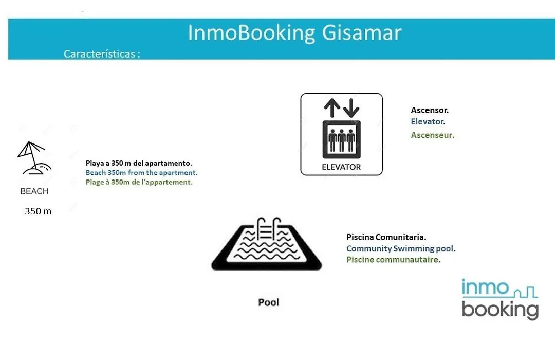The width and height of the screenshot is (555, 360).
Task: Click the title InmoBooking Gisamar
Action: click(294, 32)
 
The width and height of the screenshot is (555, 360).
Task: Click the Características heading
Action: click(102, 54)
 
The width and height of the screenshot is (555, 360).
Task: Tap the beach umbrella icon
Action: click(34, 158)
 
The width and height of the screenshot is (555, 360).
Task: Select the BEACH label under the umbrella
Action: click(34, 191)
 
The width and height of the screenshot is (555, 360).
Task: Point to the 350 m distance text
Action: click(38, 211)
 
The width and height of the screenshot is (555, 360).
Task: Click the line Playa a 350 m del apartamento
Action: click(139, 163)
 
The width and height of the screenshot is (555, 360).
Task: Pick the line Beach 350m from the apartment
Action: click(142, 173)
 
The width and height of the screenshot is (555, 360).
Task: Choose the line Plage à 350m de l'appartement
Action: click(139, 182)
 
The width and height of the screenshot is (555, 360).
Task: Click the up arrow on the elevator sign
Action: click(332, 107)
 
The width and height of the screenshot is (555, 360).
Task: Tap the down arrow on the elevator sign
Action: click(351, 107)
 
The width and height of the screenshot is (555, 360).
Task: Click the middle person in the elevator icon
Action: click(342, 140)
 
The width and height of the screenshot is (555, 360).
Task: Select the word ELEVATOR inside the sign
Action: click(341, 167)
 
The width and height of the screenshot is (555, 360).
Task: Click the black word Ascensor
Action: click(430, 110)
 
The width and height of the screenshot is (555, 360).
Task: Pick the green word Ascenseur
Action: click(433, 135)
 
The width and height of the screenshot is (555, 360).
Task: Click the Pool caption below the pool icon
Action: click(269, 302)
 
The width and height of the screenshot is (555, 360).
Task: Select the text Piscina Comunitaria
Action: click(386, 237)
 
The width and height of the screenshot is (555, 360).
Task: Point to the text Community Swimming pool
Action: click(401, 249)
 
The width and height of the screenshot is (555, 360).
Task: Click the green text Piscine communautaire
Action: click(394, 260)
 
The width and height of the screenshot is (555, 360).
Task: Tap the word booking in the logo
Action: click(500, 310)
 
